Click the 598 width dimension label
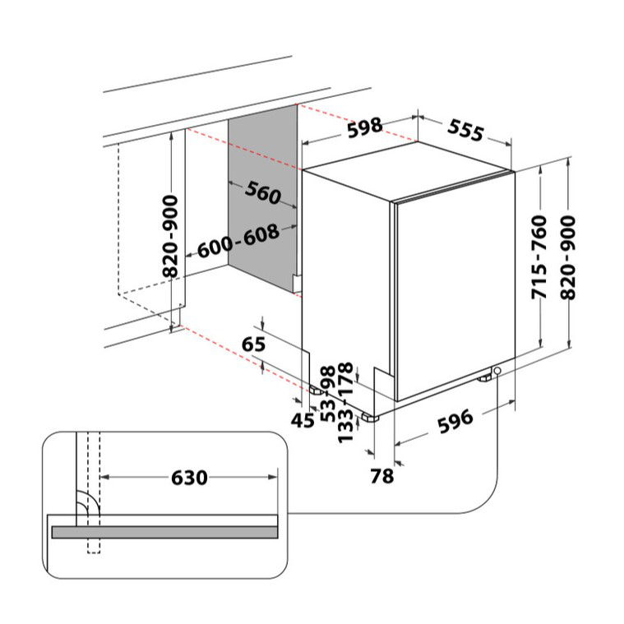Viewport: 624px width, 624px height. coord(364,127)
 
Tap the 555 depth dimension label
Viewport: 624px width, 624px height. coord(465,130)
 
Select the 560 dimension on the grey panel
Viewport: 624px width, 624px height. coord(262,192)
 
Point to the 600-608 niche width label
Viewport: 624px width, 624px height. coord(238,241)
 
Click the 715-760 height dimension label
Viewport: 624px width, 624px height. coord(539,257)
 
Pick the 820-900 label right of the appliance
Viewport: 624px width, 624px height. coord(568,257)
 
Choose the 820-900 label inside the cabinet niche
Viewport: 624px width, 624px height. coord(170,237)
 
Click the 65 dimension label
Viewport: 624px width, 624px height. coord(253,344)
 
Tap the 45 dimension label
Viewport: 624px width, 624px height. coord(303,420)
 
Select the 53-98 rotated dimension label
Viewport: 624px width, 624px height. coord(329,394)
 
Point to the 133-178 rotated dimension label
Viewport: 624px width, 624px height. coord(345,402)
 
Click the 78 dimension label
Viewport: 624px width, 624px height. coord(382,476)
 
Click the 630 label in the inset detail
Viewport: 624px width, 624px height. coord(189,478)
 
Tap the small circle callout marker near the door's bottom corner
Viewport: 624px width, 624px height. coord(497,371)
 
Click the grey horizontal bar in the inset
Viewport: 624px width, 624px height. coord(164,532)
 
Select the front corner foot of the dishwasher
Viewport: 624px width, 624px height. coord(370,418)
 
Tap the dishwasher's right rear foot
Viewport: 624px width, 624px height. coord(485,378)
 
